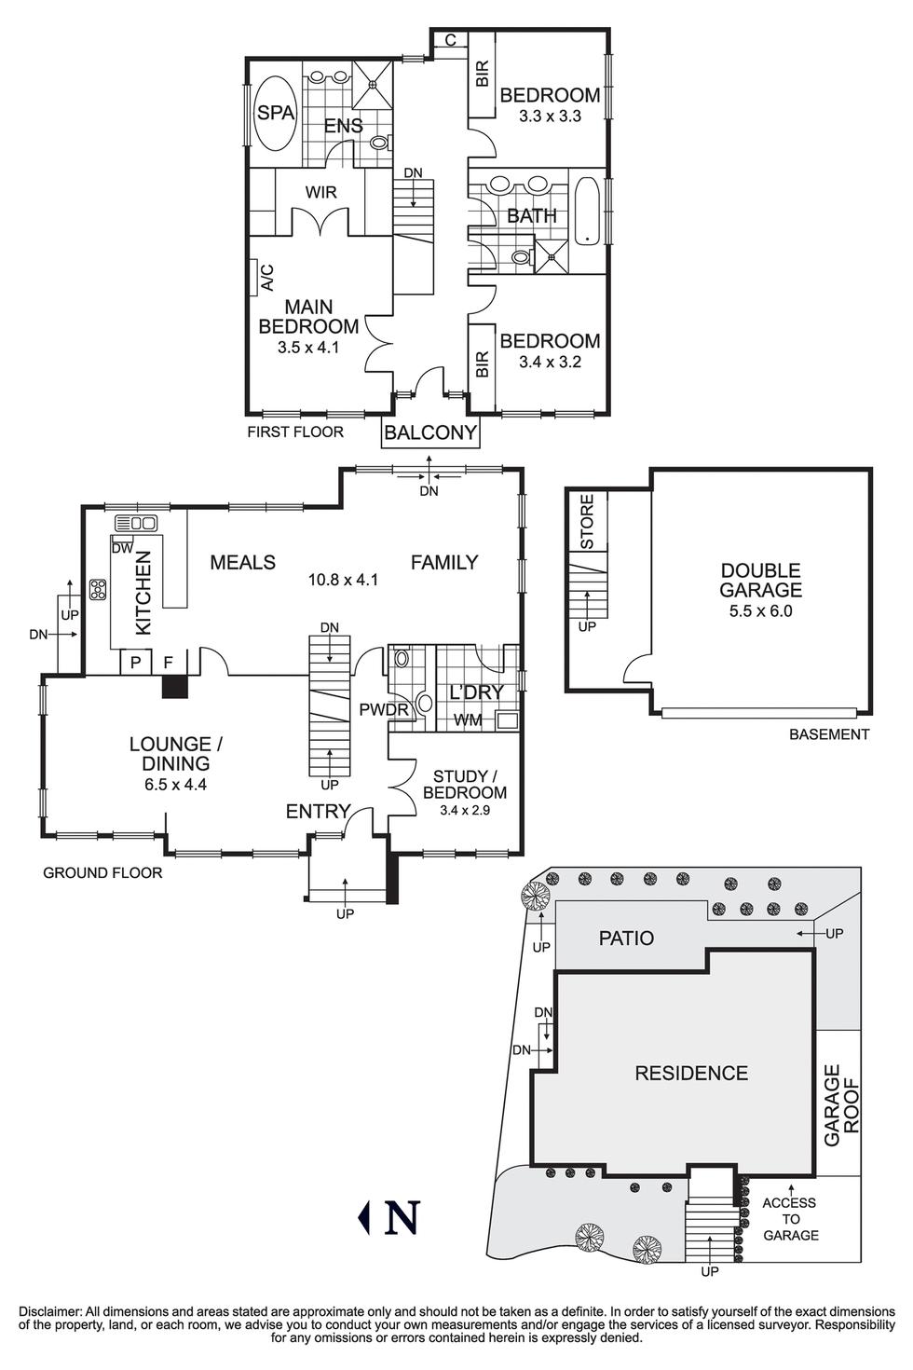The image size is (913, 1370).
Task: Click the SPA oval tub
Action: (x=275, y=113)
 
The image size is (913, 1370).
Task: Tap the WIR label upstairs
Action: (x=320, y=193)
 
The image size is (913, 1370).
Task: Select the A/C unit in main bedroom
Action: (x=254, y=277)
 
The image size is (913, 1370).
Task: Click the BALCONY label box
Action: (x=430, y=433)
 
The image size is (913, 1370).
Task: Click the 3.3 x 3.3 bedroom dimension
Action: (x=550, y=116)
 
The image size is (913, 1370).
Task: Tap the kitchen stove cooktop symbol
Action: (x=98, y=589)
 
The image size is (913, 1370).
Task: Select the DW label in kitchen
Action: (x=122, y=549)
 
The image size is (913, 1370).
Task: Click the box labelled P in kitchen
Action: (x=135, y=662)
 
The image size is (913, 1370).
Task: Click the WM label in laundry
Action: (x=468, y=719)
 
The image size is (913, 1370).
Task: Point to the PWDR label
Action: (x=384, y=711)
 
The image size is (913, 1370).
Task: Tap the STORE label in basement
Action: (x=587, y=521)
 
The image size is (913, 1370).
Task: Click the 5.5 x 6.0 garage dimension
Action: (x=760, y=612)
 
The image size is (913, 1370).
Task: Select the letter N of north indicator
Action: (x=402, y=1216)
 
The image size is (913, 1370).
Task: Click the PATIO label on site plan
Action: (x=626, y=938)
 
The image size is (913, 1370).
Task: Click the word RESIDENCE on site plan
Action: (x=691, y=1074)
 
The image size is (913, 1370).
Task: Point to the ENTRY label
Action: (x=318, y=812)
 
